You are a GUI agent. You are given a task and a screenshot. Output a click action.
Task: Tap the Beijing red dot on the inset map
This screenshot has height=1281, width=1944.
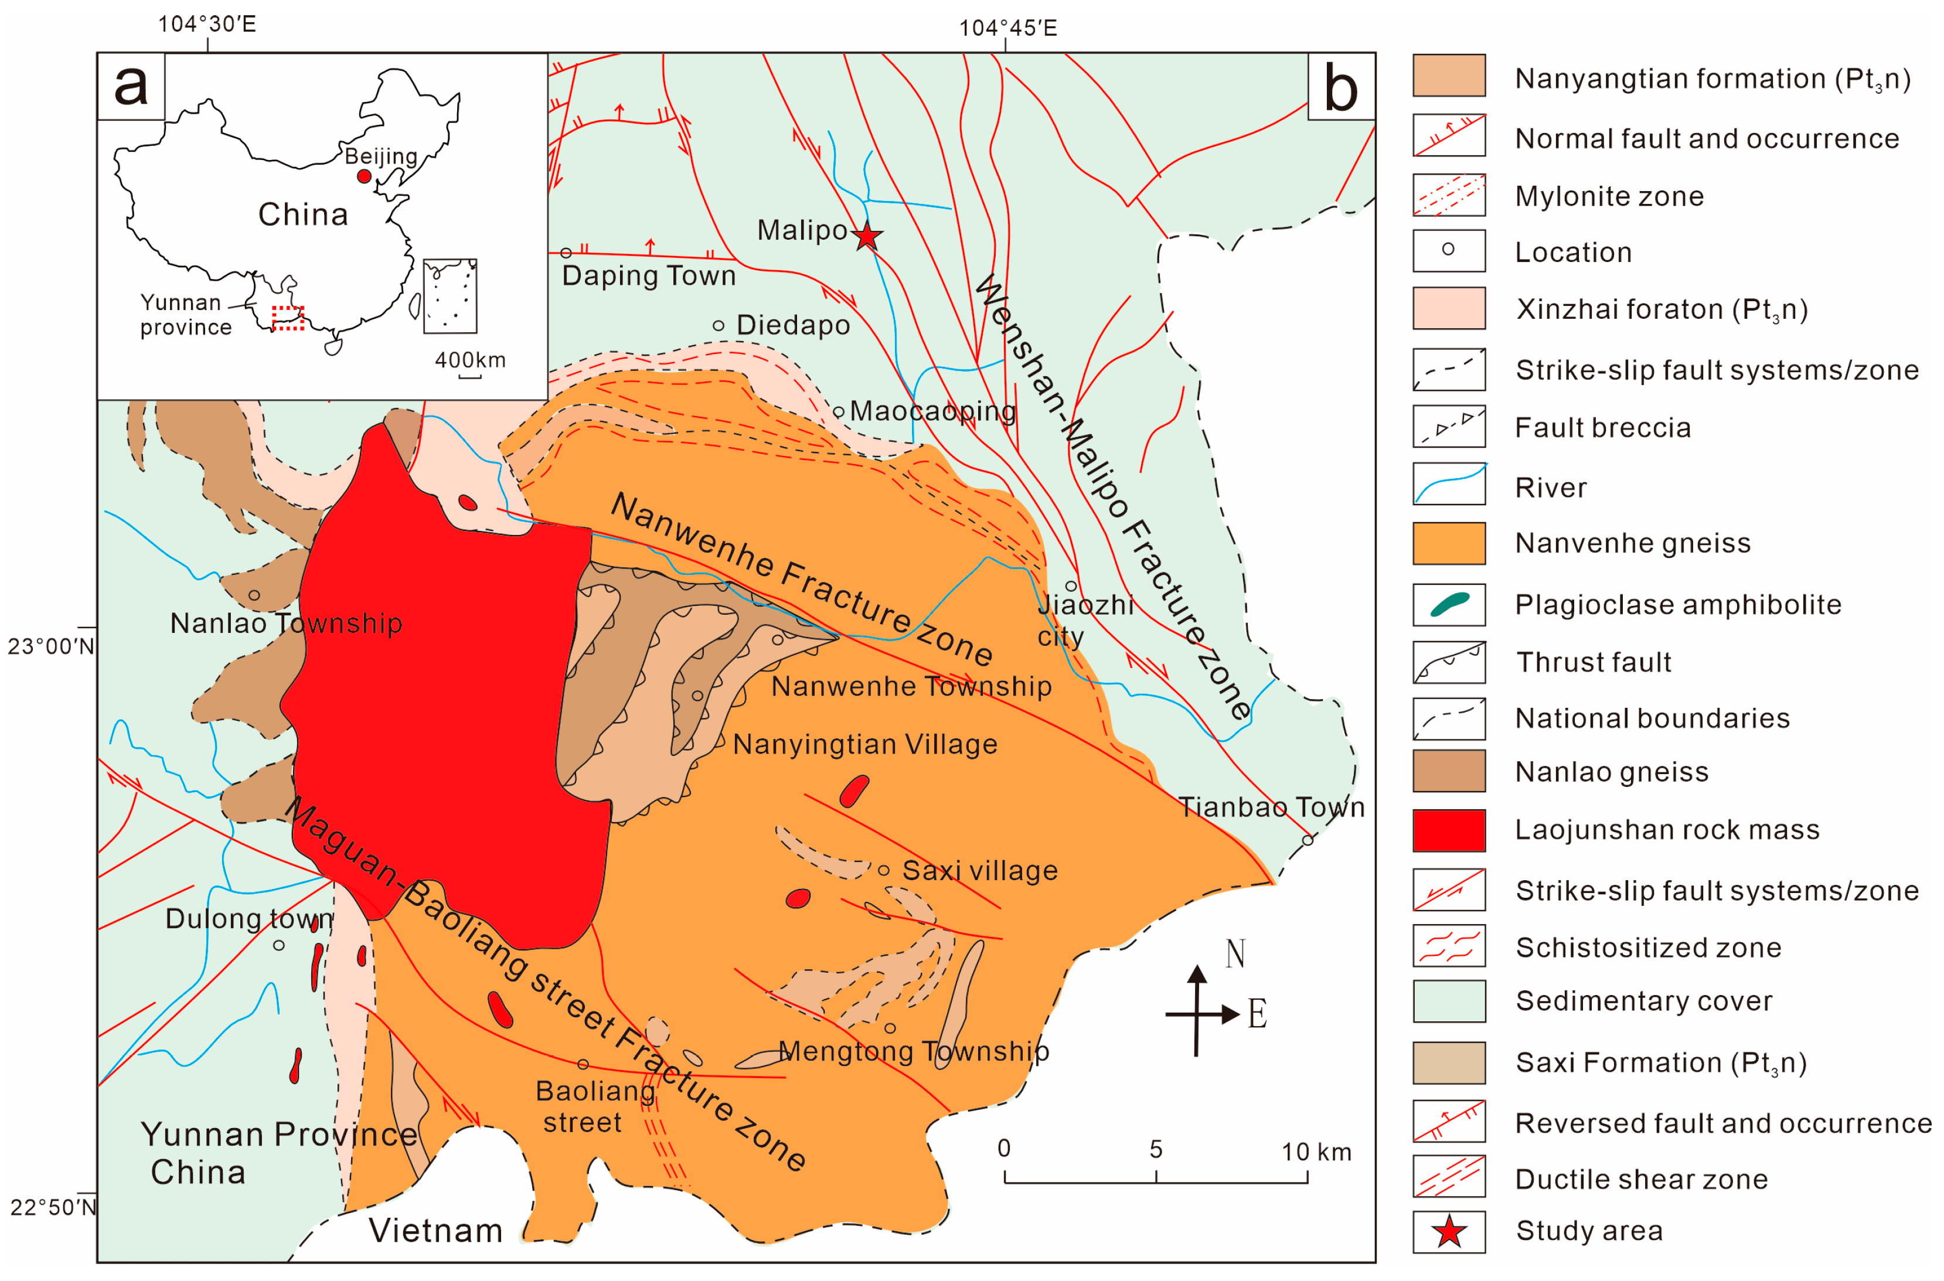[365, 176]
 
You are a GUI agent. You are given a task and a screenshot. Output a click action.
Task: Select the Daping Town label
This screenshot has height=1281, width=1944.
[649, 276]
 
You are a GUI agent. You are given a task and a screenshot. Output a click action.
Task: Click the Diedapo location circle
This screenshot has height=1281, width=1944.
[718, 325]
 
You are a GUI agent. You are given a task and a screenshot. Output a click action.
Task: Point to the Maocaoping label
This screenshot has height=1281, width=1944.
[933, 411]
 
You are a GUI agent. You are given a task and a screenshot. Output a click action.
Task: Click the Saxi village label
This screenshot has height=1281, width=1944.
[979, 871]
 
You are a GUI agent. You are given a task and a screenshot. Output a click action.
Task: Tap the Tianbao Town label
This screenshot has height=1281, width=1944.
[1271, 807]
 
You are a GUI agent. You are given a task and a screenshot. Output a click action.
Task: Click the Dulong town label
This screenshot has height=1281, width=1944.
[249, 918]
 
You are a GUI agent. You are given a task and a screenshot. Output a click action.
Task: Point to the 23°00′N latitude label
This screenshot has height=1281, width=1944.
[50, 647]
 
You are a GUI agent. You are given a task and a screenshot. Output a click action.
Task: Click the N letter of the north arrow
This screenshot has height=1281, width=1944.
[1234, 953]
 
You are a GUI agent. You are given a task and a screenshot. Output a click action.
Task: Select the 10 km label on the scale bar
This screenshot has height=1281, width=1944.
[1316, 1152]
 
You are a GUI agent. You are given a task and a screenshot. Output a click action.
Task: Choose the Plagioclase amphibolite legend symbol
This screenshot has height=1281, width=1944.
[1448, 605]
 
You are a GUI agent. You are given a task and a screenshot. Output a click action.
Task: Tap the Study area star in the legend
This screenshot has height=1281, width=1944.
[1448, 1231]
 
